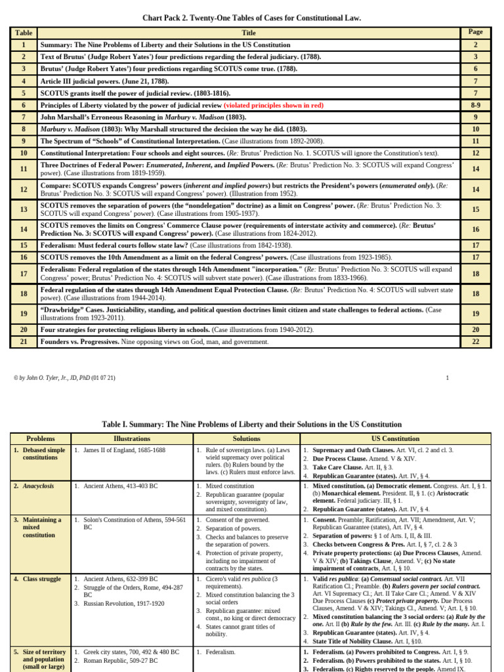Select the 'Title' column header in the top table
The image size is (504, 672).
(x=249, y=32)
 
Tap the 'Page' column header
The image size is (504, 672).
(x=476, y=31)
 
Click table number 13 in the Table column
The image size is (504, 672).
(x=24, y=209)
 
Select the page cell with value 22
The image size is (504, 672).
(x=476, y=342)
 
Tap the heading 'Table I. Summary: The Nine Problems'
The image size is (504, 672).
(x=252, y=424)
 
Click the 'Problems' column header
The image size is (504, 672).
(x=40, y=438)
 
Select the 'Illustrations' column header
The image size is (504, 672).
(x=131, y=438)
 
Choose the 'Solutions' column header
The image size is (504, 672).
(x=246, y=438)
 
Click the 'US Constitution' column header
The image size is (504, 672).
(x=395, y=438)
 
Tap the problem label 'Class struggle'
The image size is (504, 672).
(x=43, y=579)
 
